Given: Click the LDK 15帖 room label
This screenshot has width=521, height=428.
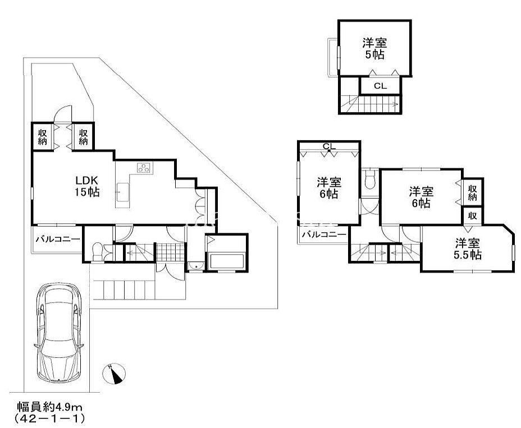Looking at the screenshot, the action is [87, 186].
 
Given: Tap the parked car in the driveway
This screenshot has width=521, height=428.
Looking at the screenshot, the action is [58, 332].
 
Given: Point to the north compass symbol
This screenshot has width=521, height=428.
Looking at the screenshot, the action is [114, 374].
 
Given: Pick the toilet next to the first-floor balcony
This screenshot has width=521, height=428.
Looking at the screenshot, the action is [97, 252].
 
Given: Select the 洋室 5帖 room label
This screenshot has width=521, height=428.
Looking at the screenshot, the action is [375, 48].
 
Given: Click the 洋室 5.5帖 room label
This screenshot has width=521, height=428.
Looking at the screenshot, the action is [468, 248].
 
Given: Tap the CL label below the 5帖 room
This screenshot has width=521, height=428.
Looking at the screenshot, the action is [381, 86].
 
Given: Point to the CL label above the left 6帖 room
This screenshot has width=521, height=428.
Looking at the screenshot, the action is [330, 146].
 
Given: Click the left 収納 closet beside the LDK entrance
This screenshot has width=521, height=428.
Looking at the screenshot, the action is [42, 137].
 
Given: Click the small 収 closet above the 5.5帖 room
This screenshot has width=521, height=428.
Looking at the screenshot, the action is [473, 215].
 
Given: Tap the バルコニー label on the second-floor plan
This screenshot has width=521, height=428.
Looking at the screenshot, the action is [324, 234].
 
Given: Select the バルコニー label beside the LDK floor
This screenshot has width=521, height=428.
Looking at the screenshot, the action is [58, 239].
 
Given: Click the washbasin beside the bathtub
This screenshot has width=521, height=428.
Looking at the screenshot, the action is [196, 266].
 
